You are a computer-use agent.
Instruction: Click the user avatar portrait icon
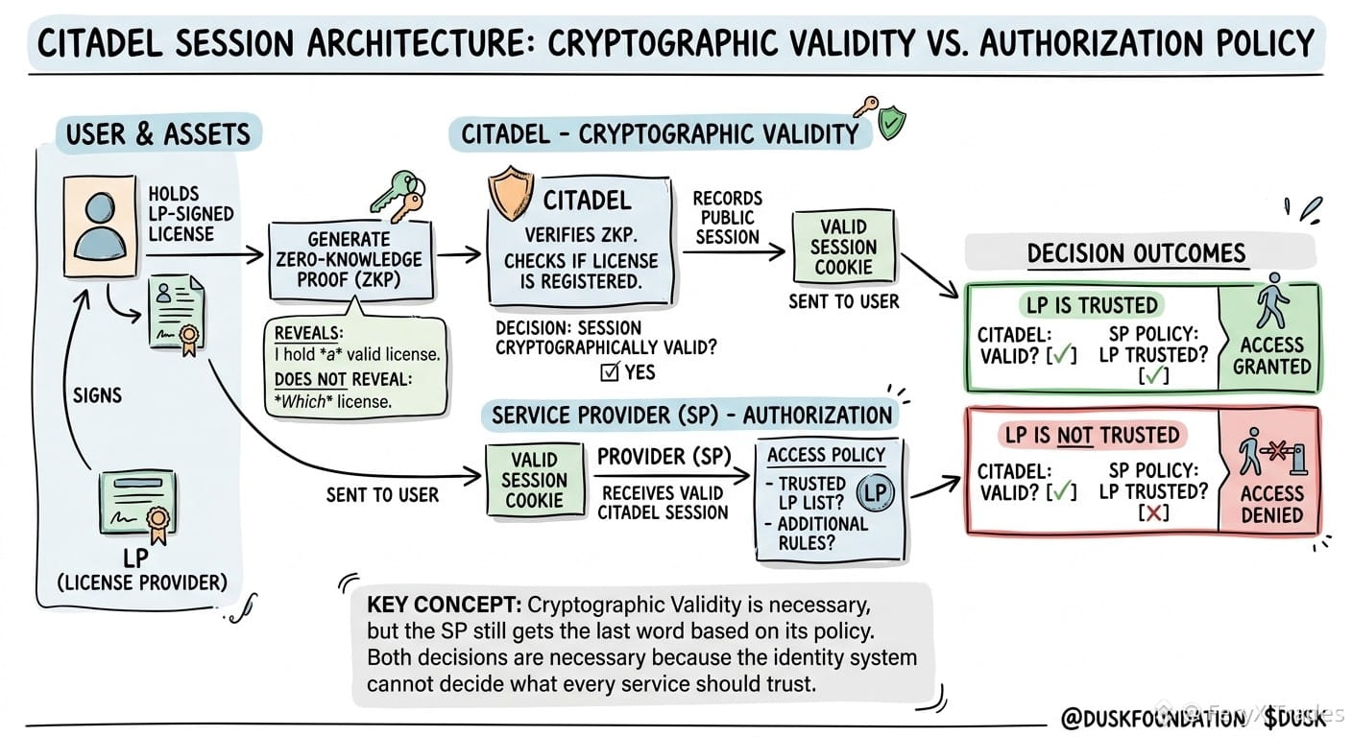pos(100,226)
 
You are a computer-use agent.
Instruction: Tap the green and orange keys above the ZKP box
pos(398,196)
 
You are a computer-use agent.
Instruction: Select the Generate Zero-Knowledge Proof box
pos(350,260)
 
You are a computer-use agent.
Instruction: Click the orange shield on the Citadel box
pos(511,193)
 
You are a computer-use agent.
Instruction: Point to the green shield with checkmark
pos(891,123)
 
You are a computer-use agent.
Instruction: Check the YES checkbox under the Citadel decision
pos(610,372)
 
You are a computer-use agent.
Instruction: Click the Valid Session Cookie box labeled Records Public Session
pos(843,247)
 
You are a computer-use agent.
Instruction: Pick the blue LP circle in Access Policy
pos(875,492)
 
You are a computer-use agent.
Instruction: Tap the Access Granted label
pos(1271,356)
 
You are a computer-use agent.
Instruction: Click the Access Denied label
pos(1271,504)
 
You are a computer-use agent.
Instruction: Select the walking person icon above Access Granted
pos(1273,301)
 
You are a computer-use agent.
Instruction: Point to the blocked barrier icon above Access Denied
pos(1272,451)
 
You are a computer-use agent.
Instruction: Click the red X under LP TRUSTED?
pos(1153,513)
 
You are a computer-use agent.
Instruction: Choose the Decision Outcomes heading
pos(1137,253)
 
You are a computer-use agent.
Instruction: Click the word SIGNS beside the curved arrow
pos(97,395)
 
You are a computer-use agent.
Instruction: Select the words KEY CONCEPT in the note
pos(445,605)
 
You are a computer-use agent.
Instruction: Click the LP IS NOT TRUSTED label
pos(1092,435)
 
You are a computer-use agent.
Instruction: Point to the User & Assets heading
pos(158,134)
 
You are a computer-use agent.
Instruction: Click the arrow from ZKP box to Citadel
pos(459,254)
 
